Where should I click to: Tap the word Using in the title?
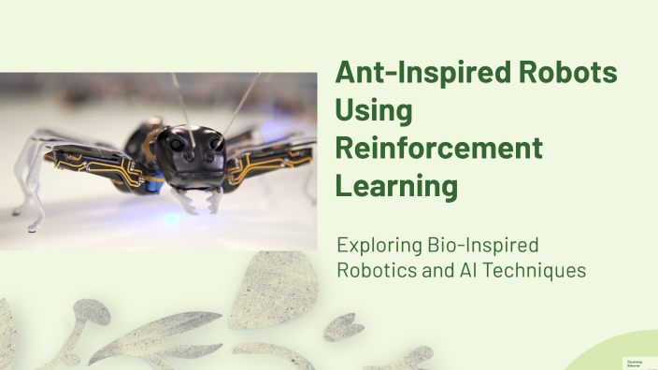373,110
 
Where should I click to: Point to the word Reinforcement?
438,148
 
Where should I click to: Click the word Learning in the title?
397,185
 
